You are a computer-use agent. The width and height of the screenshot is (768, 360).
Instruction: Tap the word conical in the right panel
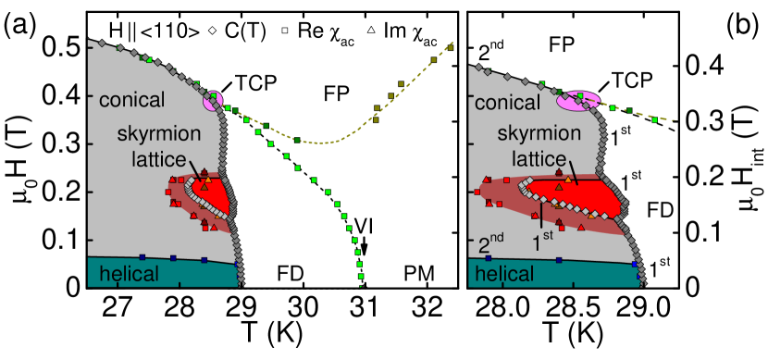[x=505, y=103]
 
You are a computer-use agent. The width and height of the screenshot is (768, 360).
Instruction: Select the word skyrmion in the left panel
[x=157, y=135]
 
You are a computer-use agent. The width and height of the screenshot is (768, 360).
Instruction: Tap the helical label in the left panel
[x=130, y=273]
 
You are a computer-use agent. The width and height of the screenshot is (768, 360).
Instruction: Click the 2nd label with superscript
[x=490, y=245]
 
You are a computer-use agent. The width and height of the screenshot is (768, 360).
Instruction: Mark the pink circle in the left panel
[x=214, y=100]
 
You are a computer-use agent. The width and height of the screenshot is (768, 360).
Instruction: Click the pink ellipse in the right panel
[x=577, y=100]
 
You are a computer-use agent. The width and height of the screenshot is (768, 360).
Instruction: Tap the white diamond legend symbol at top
[x=212, y=31]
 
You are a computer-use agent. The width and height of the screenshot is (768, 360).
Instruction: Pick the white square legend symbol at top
[x=285, y=31]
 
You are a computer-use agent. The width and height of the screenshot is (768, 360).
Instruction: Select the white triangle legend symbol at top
[x=371, y=31]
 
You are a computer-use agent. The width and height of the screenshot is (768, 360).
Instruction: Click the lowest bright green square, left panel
[x=361, y=276]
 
